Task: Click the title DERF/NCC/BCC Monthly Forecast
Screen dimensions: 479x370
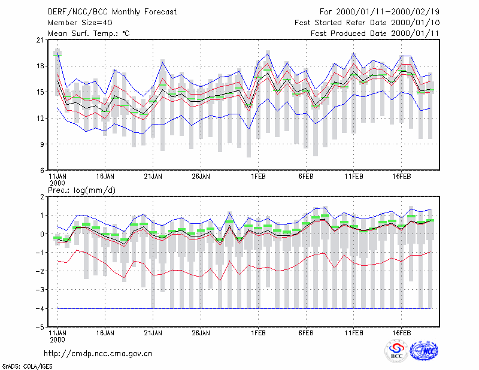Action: point(112,12)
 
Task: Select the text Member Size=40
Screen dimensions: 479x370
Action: point(80,23)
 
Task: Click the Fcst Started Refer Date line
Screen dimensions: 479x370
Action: point(367,23)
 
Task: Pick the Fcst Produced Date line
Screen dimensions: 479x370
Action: point(375,34)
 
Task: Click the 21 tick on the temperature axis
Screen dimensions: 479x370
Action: point(40,40)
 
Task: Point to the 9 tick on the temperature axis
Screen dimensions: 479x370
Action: point(42,144)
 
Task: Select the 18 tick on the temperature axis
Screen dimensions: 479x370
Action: point(40,66)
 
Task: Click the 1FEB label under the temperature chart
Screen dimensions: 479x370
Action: point(258,177)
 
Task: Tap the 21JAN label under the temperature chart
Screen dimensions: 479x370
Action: point(153,177)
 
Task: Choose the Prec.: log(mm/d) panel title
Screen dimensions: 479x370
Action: point(81,190)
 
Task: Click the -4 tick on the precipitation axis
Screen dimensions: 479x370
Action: point(40,308)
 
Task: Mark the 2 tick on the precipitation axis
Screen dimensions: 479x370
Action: point(42,197)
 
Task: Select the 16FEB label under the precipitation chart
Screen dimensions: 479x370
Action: point(401,333)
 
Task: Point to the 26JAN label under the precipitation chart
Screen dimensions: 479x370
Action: point(201,333)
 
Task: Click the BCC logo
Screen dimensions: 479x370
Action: point(396,351)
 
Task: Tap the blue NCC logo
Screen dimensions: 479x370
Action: point(424,351)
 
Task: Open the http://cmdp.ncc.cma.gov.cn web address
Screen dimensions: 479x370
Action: point(98,354)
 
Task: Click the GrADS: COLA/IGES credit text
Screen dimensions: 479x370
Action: point(27,366)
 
